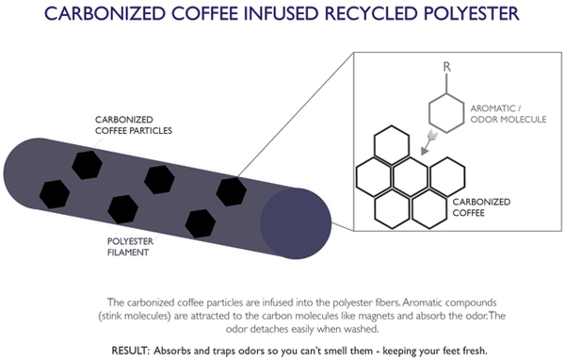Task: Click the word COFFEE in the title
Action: click(204, 13)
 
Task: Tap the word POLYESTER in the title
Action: click(471, 13)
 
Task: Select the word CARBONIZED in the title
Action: click(105, 13)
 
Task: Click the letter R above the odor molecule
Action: click(446, 67)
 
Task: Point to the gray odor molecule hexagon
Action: click(446, 113)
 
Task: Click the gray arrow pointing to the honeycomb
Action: click(429, 143)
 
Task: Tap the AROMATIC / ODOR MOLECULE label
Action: click(508, 114)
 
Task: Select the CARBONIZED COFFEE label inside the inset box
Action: click(481, 207)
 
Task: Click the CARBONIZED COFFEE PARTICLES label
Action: click(134, 124)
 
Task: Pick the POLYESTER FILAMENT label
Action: click(130, 247)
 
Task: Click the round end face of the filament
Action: click(296, 223)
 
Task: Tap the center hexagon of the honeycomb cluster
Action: click(411, 177)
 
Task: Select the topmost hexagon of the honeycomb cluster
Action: click(392, 145)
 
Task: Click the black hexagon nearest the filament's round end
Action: click(232, 191)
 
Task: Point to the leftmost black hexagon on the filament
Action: click(55, 194)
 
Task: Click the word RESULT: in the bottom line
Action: click(130, 351)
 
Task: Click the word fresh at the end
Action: click(475, 351)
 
